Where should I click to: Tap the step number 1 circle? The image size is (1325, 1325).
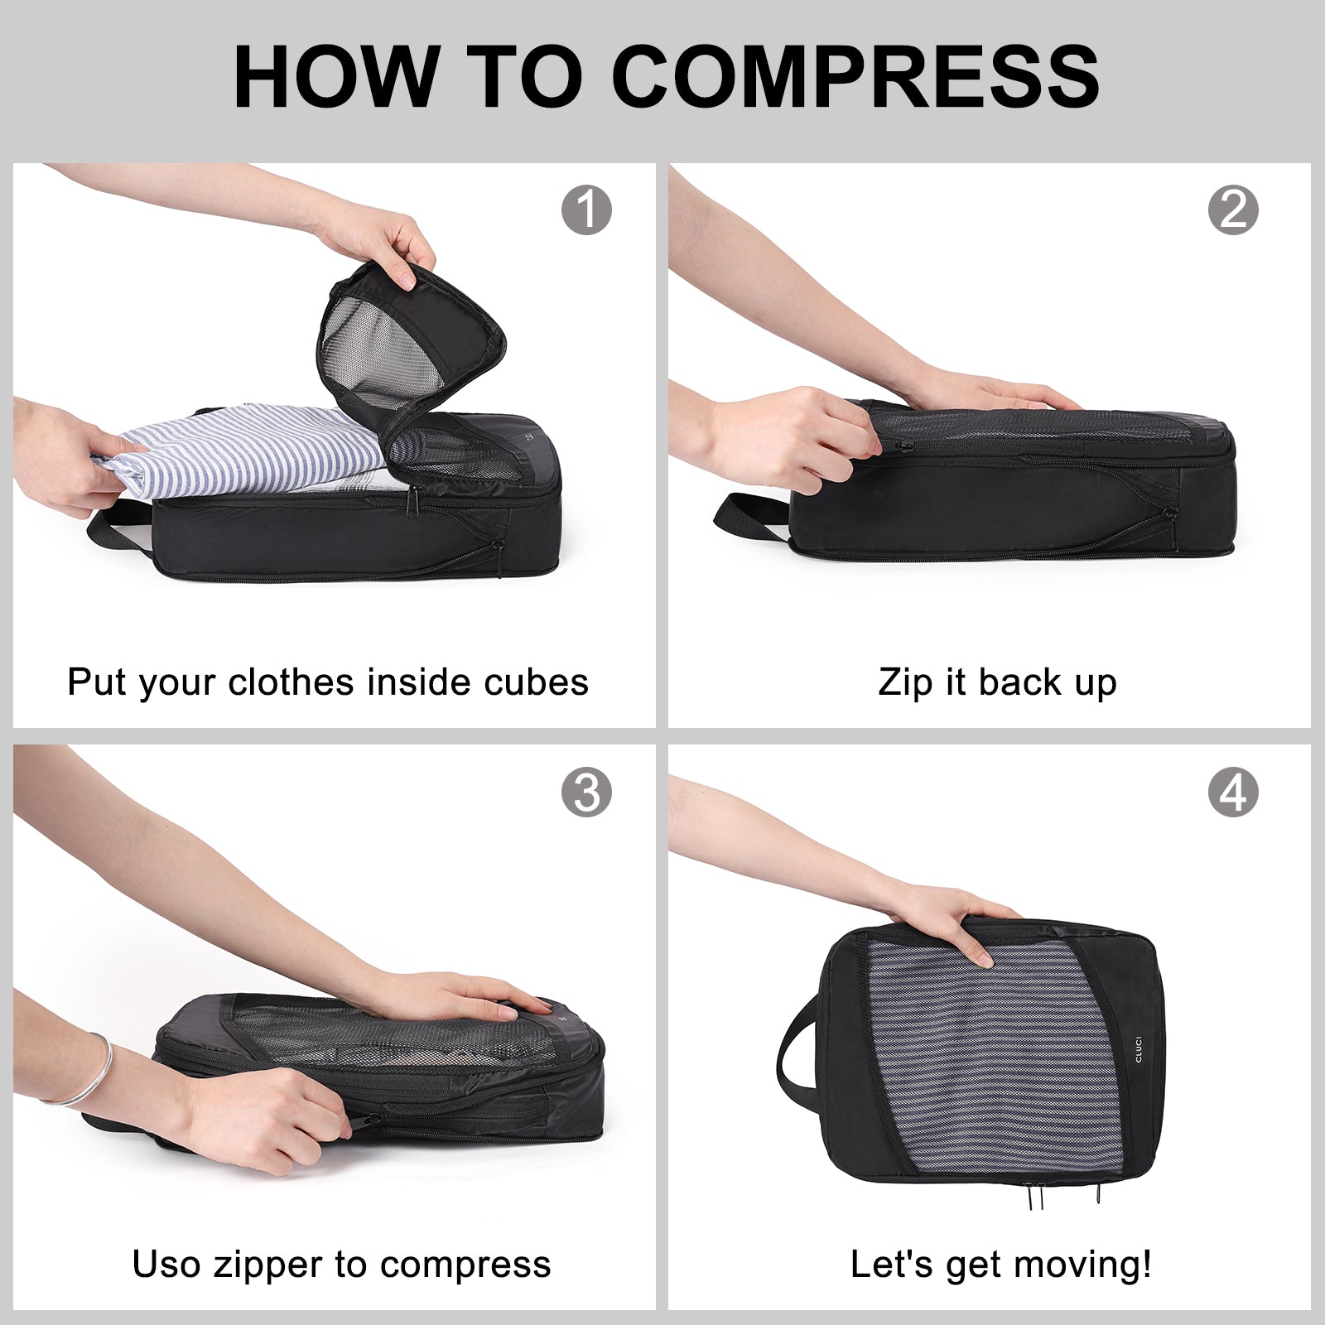point(586,210)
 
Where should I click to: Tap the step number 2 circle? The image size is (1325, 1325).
point(1233,210)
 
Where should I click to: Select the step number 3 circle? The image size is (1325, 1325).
point(586,793)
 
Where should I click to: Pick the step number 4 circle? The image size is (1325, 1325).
point(1233,793)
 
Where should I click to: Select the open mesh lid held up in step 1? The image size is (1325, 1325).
point(406,331)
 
